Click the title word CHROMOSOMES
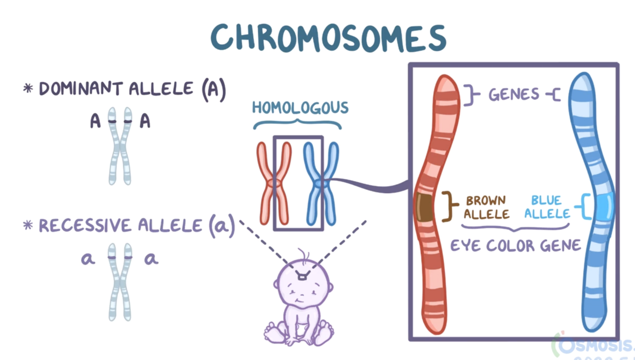328,37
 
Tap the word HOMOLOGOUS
300,108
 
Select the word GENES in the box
514,94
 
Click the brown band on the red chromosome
424,208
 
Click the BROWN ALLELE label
486,207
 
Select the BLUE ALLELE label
547,207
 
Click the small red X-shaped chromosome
274,183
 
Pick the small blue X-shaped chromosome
321,183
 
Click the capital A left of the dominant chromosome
96,122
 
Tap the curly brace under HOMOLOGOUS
297,125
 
